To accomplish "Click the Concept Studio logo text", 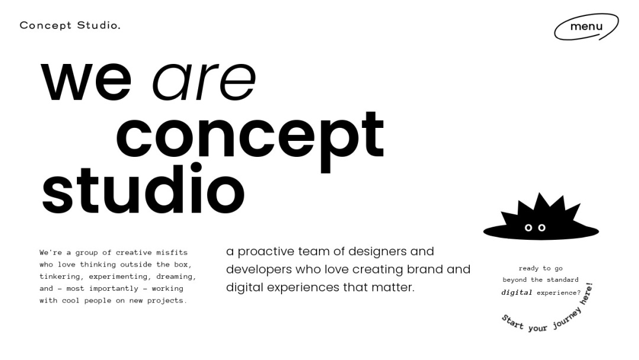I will pyautogui.click(x=70, y=25).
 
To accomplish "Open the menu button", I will pyautogui.click(x=586, y=27).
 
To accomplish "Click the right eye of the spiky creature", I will pyautogui.click(x=541, y=228).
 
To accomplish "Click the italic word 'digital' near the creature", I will pyautogui.click(x=517, y=292).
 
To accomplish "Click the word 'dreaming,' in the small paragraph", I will pyautogui.click(x=176, y=277).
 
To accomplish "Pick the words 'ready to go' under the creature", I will pyautogui.click(x=540, y=268).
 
